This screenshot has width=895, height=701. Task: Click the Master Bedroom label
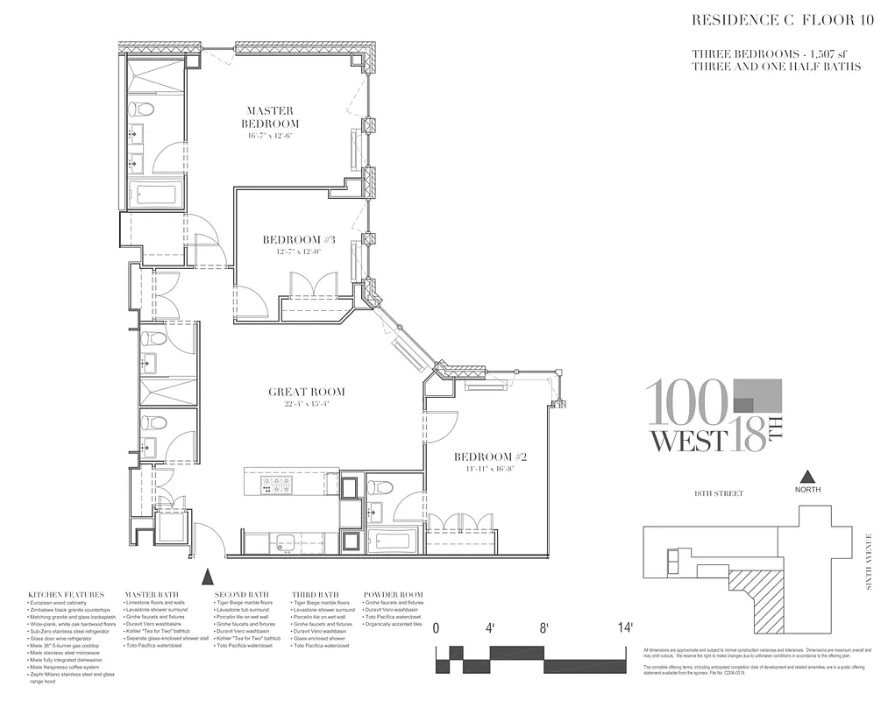click(273, 117)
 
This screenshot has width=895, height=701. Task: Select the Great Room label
click(306, 392)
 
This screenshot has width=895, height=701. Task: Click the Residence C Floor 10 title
click(778, 20)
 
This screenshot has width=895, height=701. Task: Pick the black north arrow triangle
click(809, 478)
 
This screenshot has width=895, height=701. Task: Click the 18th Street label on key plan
click(718, 494)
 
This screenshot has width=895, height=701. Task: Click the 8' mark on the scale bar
click(543, 627)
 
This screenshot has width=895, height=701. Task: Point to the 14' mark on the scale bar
click(625, 627)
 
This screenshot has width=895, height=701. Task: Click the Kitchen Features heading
click(66, 595)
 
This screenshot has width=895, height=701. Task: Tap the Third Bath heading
click(314, 595)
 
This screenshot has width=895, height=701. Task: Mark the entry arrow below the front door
click(207, 577)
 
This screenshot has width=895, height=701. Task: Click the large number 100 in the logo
click(686, 403)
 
